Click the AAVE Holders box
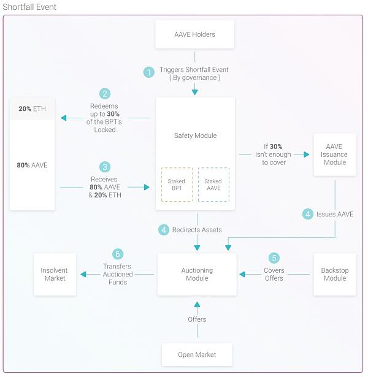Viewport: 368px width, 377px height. tap(194, 34)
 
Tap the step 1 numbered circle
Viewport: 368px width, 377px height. tap(149, 72)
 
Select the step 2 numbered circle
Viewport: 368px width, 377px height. tap(105, 94)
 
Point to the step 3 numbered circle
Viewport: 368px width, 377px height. tap(105, 167)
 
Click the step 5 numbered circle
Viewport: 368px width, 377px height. tap(274, 258)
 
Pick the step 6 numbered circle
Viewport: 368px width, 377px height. tap(118, 254)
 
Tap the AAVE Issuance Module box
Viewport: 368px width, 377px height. tap(335, 154)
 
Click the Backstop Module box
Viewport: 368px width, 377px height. tap(335, 274)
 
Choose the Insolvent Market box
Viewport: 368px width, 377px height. tap(55, 274)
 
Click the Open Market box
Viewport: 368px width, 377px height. tap(197, 355)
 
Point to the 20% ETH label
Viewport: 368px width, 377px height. tap(33, 109)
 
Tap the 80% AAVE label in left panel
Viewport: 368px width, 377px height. tap(33, 165)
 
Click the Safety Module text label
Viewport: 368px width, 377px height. tap(195, 135)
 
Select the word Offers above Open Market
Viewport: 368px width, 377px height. tap(197, 319)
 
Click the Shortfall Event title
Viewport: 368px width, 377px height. tap(29, 7)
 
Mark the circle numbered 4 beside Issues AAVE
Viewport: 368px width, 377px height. tap(308, 214)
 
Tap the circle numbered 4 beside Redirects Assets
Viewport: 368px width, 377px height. tap(164, 230)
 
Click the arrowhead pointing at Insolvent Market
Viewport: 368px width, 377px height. tap(83, 275)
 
